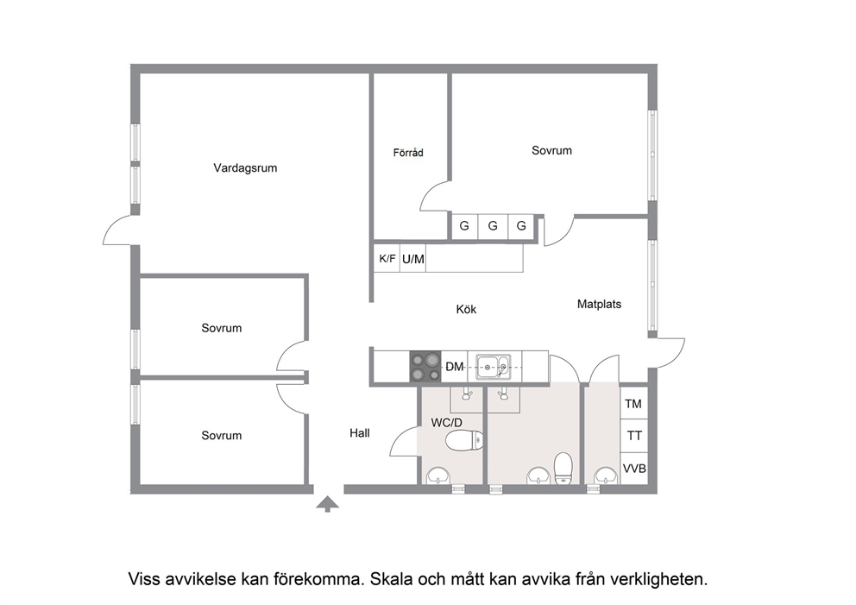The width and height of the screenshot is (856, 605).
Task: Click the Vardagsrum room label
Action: click(x=245, y=168)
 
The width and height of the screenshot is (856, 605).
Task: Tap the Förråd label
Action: click(x=408, y=153)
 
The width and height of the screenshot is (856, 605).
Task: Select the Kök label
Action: click(x=466, y=310)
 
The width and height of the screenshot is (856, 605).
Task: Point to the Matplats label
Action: click(x=599, y=304)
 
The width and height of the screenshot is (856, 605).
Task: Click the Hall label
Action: click(x=360, y=433)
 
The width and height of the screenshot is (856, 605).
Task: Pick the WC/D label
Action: click(x=447, y=422)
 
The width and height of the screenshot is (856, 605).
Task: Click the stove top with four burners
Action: click(x=425, y=367)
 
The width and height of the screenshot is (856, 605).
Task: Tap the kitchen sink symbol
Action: click(x=494, y=366)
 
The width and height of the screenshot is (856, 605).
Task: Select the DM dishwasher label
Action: click(x=454, y=367)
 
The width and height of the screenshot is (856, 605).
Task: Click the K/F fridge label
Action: click(x=387, y=258)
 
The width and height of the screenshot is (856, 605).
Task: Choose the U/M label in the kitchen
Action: click(x=412, y=259)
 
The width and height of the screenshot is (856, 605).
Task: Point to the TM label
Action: click(x=633, y=404)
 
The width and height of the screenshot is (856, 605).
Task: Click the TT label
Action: click(x=634, y=436)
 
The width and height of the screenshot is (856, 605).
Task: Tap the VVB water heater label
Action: click(x=634, y=469)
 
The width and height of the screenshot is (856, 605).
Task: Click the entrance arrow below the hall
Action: click(x=328, y=504)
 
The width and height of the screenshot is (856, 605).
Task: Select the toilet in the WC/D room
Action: click(x=464, y=441)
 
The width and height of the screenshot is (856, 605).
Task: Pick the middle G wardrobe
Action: click(x=493, y=225)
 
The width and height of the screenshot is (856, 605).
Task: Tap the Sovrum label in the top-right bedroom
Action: click(x=551, y=150)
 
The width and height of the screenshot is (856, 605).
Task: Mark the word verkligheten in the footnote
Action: click(x=659, y=579)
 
